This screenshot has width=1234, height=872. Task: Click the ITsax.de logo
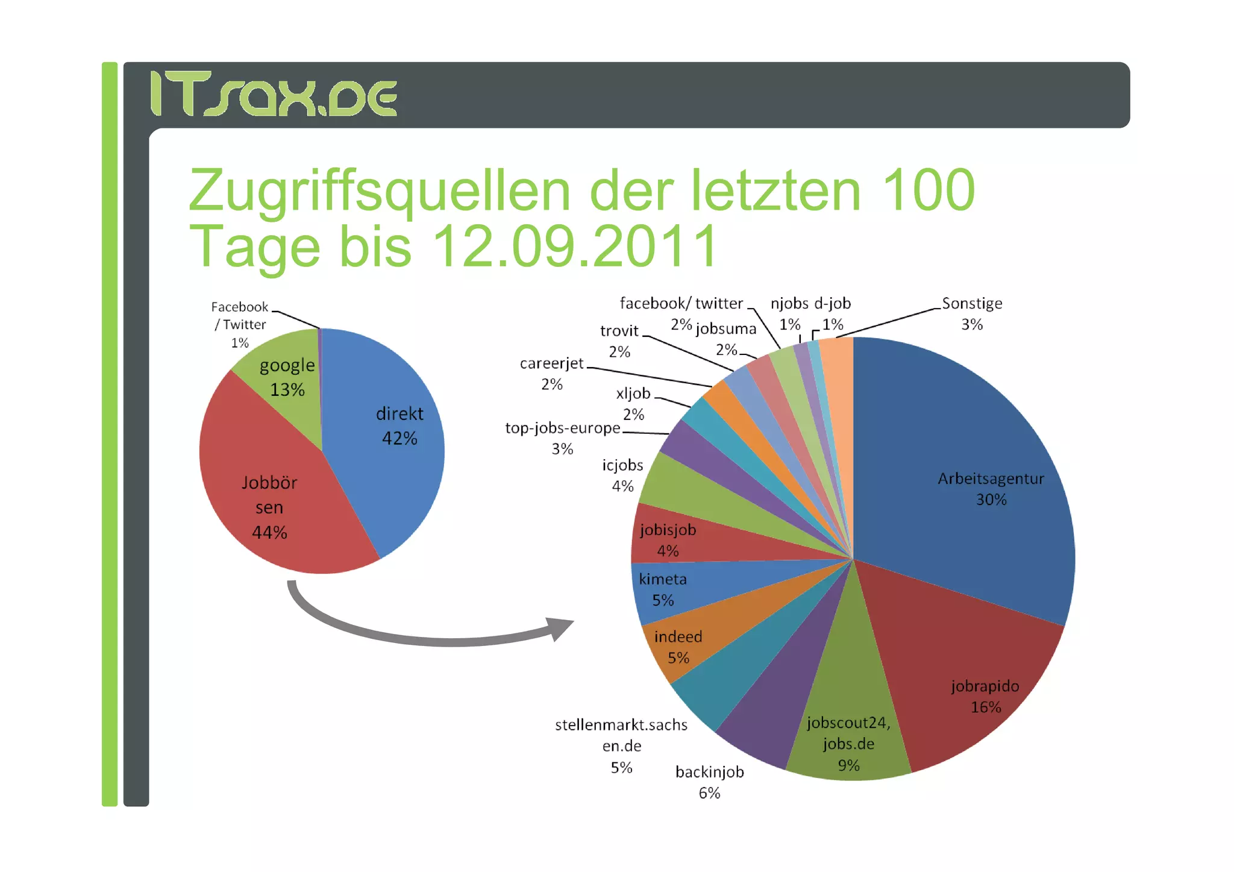[x=273, y=94]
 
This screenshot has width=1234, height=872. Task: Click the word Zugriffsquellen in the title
[x=380, y=191]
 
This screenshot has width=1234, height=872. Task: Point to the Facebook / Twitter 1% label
[x=240, y=324]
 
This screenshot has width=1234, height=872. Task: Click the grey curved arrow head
[x=560, y=628]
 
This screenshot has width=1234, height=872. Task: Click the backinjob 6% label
[x=709, y=782]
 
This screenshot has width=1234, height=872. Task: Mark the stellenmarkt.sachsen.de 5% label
[x=621, y=745]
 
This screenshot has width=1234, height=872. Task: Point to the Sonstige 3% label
[x=972, y=313]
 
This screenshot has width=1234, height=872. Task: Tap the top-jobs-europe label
[x=562, y=428]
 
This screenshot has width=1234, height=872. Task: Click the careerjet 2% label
[x=551, y=373]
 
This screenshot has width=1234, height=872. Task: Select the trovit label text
[x=619, y=331]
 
